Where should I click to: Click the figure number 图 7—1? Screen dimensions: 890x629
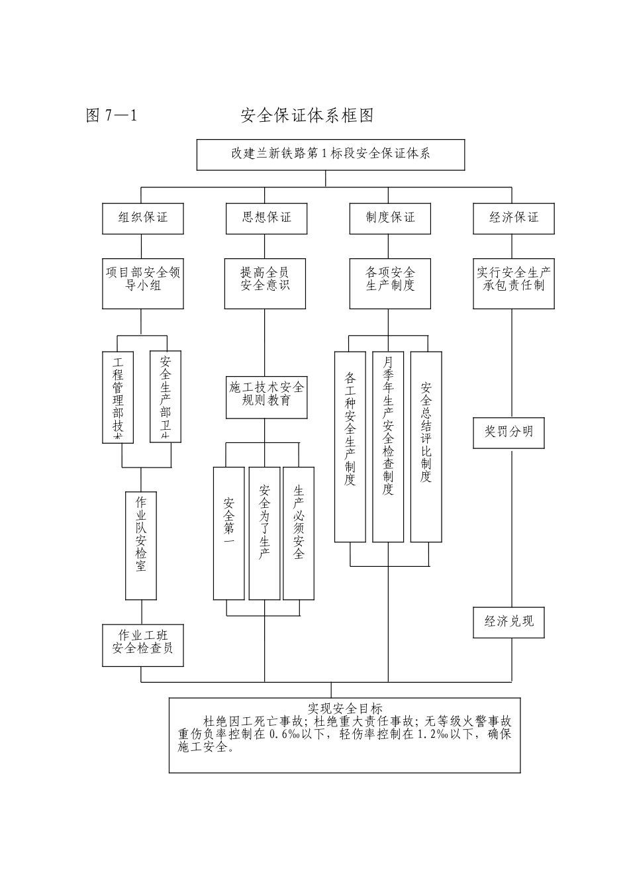pos(111,116)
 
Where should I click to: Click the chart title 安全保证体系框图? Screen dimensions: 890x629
pos(307,116)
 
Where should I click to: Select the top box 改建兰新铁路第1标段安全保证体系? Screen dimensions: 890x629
pos(330,154)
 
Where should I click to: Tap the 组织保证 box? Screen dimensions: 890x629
pos(142,218)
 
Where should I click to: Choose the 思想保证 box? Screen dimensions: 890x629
pos(266,218)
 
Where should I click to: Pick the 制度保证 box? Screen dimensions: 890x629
pos(391,218)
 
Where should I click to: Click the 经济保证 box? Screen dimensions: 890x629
pos(513,218)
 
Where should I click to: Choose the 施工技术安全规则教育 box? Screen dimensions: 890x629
pos(266,394)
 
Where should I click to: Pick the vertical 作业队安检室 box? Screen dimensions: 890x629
pos(141,545)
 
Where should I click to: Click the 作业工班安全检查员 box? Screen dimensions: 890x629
pos(142,644)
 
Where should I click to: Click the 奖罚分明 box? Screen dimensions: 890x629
pos(508,432)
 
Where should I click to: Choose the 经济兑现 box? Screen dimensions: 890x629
pos(508,622)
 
